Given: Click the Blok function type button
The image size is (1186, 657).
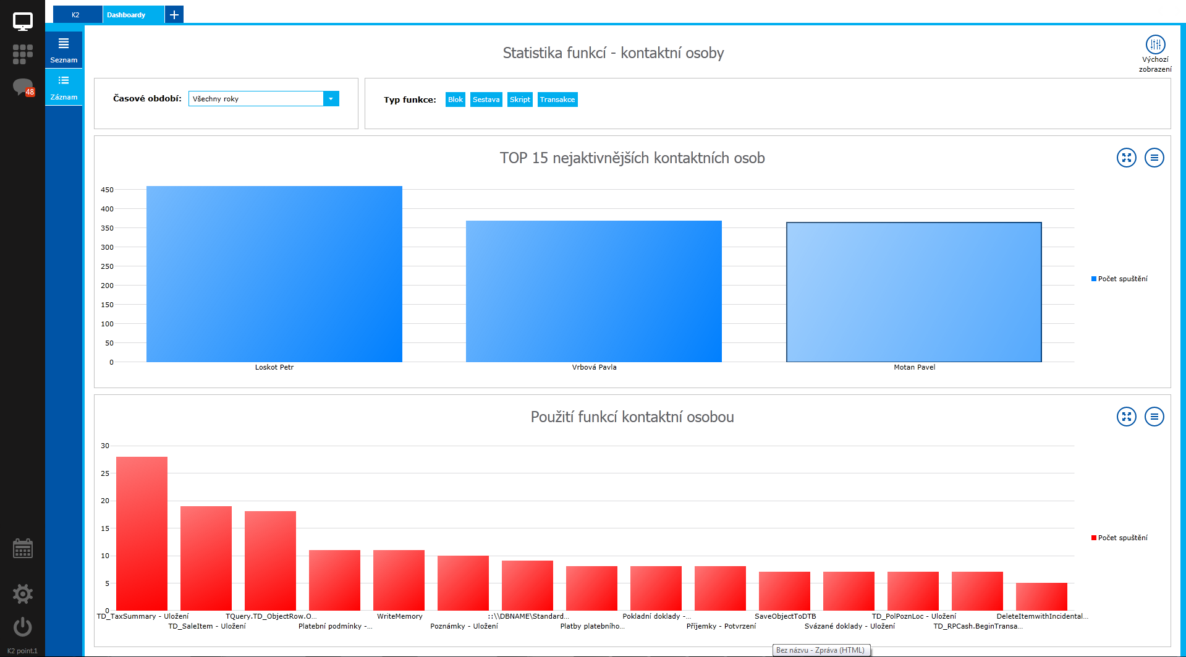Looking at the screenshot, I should (455, 100).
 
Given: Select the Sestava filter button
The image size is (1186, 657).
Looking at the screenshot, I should (486, 100).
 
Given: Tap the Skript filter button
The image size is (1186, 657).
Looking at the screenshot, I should (520, 100).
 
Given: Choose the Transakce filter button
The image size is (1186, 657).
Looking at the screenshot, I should (557, 100).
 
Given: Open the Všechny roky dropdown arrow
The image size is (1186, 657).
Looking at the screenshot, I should (331, 99).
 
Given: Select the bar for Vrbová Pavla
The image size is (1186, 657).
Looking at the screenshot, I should (593, 291).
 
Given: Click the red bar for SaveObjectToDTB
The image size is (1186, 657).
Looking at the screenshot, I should (784, 591).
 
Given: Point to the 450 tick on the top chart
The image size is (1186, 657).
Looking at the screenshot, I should (108, 190).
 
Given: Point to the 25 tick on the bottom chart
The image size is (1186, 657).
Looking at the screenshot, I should (105, 473).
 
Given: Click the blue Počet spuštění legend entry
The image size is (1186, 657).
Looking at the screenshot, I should (1119, 279).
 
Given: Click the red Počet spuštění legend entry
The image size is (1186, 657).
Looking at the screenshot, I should (1119, 538).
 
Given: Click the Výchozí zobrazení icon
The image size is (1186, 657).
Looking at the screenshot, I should (1155, 45).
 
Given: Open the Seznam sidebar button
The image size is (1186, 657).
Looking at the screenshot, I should (64, 49).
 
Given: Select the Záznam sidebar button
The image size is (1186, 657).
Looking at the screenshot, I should (64, 87).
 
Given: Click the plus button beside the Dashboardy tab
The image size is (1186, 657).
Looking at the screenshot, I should (174, 15).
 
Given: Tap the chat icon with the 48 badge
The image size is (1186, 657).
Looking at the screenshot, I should (23, 87).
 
